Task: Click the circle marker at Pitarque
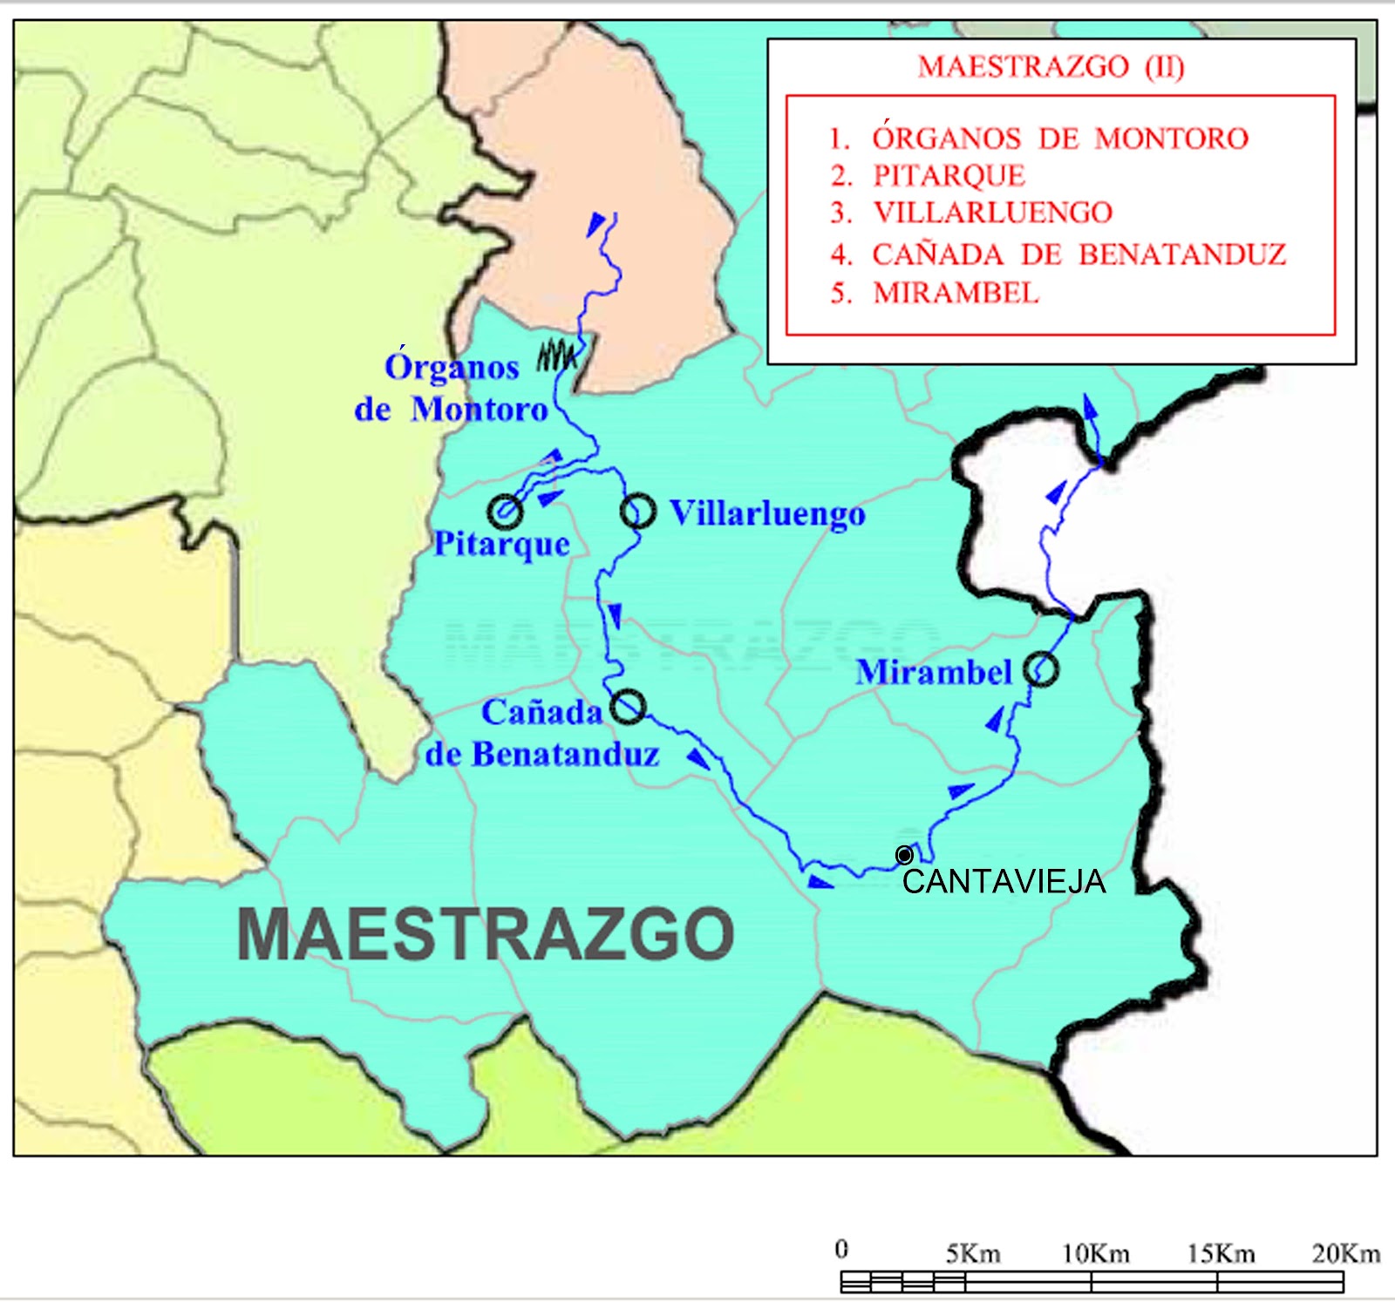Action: pos(506,512)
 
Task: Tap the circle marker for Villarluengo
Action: pos(638,512)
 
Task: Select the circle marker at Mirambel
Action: pos(1041,670)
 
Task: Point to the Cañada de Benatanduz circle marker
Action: pos(628,706)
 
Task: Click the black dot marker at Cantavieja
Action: pos(905,855)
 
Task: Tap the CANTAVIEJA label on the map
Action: pos(1004,882)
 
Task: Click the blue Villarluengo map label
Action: pos(767,513)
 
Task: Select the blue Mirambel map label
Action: pos(934,672)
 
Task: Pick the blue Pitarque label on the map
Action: pos(502,544)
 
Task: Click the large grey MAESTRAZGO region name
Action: pos(486,934)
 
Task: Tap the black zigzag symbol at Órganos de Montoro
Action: pos(558,355)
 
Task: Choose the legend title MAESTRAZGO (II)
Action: pos(1051,67)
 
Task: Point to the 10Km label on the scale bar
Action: pos(1096,1254)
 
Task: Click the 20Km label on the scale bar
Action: pos(1346,1254)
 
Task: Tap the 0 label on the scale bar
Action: pos(841,1250)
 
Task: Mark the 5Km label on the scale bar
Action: pos(973,1254)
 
